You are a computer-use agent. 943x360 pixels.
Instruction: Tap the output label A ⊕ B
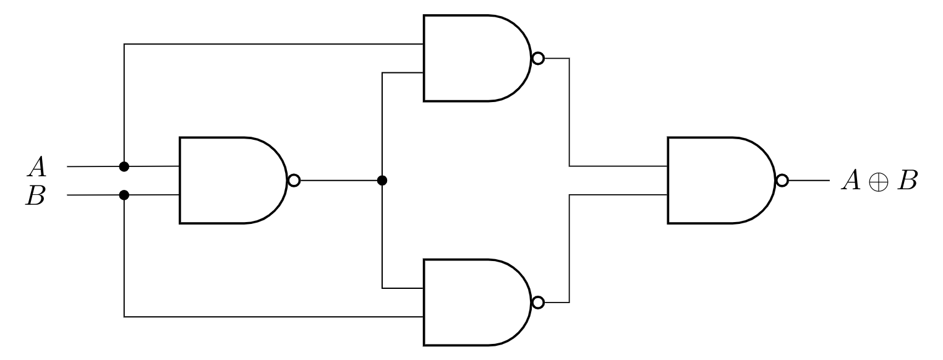click(x=878, y=181)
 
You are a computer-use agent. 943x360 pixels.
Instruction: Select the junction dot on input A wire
click(x=124, y=166)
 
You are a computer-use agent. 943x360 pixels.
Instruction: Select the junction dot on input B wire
click(x=124, y=195)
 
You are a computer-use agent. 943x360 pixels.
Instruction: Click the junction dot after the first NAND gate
click(x=382, y=181)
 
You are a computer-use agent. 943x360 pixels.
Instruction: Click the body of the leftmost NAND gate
click(x=229, y=181)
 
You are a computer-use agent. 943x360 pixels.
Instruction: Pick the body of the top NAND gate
click(x=473, y=59)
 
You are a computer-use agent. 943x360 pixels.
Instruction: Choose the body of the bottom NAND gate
click(x=473, y=302)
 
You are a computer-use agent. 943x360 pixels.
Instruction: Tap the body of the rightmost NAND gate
click(x=717, y=181)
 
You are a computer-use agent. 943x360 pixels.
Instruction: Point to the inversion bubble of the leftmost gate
click(x=294, y=181)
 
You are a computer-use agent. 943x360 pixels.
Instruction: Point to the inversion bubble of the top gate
click(x=538, y=59)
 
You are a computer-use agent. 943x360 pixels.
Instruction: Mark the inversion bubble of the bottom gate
click(x=538, y=302)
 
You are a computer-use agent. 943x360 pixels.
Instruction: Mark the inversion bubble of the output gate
click(x=782, y=181)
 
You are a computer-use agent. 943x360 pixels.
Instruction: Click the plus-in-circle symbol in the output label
click(x=878, y=182)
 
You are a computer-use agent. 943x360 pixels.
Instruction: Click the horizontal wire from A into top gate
click(x=272, y=44)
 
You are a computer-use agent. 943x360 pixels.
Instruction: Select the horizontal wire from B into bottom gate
click(x=272, y=317)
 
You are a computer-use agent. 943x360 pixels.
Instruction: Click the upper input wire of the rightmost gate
click(x=618, y=166)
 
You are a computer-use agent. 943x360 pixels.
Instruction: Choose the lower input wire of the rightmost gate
click(x=618, y=195)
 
